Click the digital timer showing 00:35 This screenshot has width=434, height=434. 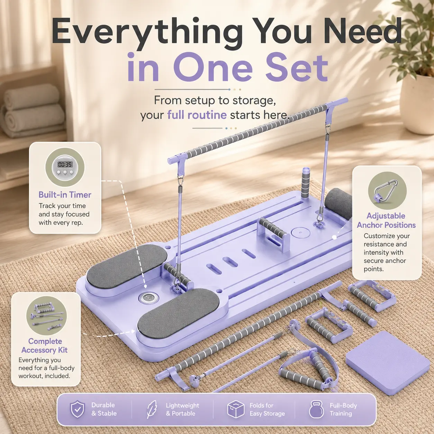pyautogui.click(x=65, y=167)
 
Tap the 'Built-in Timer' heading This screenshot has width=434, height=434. pyautogui.click(x=65, y=195)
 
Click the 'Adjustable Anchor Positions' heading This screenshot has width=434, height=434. pyautogui.click(x=386, y=220)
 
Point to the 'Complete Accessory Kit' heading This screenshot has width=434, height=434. pyautogui.click(x=45, y=346)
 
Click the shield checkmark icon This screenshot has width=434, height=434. pyautogui.click(x=78, y=409)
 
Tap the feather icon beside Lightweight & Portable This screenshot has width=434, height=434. pyautogui.click(x=152, y=409)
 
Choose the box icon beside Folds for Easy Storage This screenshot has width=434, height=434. pyautogui.click(x=236, y=409)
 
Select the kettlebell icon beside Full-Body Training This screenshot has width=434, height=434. pyautogui.click(x=317, y=409)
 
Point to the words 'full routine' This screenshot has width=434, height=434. pyautogui.click(x=197, y=115)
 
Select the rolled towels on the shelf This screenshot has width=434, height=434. pyautogui.click(x=33, y=110)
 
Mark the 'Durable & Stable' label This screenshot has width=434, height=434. pyautogui.click(x=104, y=409)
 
